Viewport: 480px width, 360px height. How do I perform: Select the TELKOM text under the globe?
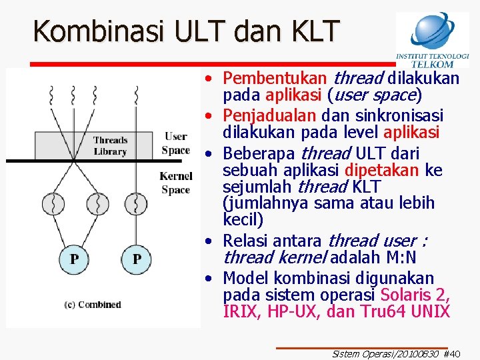point(433,64)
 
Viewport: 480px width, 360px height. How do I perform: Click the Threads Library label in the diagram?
point(110,146)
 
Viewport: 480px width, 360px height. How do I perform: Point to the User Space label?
point(176,143)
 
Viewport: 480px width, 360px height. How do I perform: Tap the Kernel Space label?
point(176,183)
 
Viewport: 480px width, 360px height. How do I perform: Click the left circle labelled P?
point(75,259)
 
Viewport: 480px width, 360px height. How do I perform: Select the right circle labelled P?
point(137,259)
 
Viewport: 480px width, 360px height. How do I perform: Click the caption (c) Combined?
point(93,305)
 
